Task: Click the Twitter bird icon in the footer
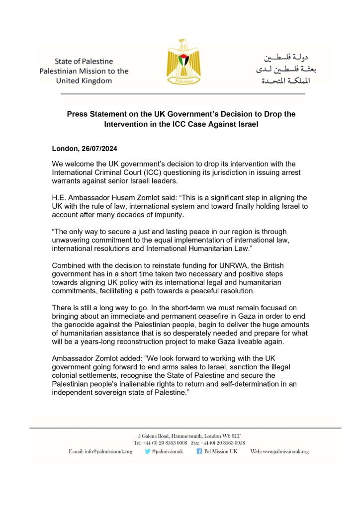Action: point(148,451)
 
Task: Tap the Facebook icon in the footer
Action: point(199,451)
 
